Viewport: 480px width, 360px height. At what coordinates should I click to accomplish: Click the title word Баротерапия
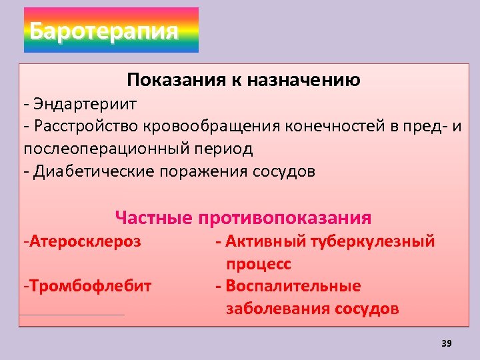(105, 31)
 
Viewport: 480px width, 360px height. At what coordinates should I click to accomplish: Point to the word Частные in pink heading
(153, 218)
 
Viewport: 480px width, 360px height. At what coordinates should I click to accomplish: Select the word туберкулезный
(373, 241)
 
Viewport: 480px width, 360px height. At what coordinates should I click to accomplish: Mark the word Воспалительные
(293, 286)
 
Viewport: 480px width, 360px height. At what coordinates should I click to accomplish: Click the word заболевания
(278, 309)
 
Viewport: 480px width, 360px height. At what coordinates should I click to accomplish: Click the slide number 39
(447, 343)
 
